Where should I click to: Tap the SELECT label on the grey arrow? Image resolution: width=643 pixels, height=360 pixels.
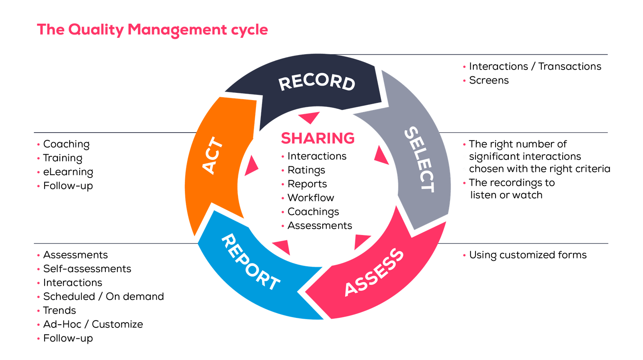coord(419,160)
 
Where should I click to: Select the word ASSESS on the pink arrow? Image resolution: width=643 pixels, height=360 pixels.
coord(374,272)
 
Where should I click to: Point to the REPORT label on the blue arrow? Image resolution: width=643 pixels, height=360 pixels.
coord(250,262)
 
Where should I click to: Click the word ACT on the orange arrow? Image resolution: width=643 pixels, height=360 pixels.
coord(213,155)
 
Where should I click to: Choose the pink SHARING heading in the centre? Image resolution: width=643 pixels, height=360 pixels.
coord(317,138)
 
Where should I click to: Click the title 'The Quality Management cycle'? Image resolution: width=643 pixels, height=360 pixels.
coord(152,30)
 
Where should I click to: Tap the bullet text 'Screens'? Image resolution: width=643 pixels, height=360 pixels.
coord(489,80)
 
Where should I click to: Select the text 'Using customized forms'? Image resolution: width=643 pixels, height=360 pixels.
coord(528,255)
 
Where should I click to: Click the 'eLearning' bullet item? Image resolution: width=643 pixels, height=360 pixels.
coord(68,172)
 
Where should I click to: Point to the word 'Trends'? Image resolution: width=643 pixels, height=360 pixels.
coord(59,311)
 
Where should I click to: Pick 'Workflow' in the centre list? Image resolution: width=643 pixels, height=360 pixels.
coord(311,198)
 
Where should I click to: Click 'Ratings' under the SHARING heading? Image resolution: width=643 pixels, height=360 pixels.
coord(306,170)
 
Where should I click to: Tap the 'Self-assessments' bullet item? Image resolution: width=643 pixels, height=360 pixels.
coord(87,269)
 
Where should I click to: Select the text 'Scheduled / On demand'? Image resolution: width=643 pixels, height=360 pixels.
coord(104,297)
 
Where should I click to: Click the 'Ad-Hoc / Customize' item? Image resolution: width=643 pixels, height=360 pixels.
coord(93,324)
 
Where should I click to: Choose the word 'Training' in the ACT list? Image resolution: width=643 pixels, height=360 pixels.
coord(63,158)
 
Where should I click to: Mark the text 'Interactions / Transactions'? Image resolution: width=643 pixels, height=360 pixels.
coord(535,66)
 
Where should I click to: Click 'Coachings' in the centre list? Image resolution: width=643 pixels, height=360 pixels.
coord(313,212)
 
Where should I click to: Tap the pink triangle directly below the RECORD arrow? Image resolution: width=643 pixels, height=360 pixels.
coord(309,117)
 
